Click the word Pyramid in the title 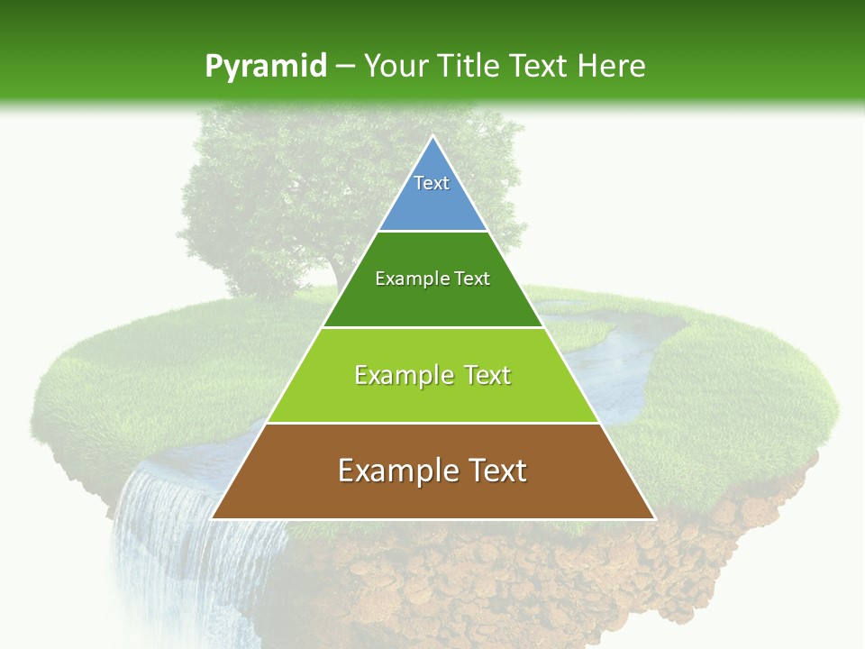(x=265, y=67)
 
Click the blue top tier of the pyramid (x=432, y=203)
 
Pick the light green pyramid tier (x=432, y=397)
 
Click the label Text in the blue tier (x=432, y=183)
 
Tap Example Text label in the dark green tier (x=432, y=279)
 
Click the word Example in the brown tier (x=393, y=471)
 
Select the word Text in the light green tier (x=482, y=375)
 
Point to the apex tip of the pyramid (x=432, y=137)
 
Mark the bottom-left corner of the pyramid (x=213, y=517)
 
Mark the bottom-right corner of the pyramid (x=653, y=517)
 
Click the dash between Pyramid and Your (x=345, y=67)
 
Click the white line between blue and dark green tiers (x=432, y=232)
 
